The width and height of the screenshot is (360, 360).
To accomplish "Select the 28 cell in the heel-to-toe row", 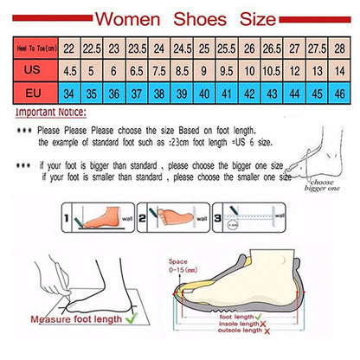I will [x=340, y=50].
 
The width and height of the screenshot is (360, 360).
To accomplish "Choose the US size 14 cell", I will [x=340, y=70].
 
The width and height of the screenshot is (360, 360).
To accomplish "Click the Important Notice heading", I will [x=53, y=112].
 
